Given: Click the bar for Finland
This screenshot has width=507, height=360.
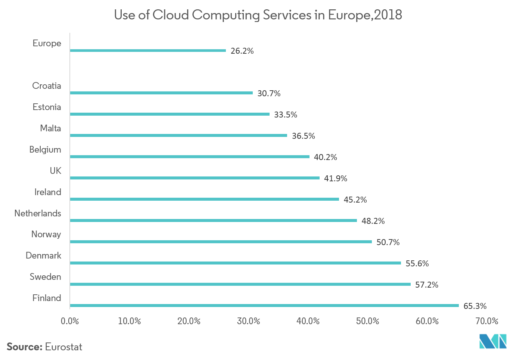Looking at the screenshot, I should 264,306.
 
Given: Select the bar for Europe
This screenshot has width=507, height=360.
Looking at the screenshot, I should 148,50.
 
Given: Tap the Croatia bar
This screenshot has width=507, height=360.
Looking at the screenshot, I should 161,93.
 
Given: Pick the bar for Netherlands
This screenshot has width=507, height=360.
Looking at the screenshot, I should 213,220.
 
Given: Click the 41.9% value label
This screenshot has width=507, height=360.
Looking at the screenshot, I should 335,178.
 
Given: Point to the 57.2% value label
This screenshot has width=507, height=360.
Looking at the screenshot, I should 426,285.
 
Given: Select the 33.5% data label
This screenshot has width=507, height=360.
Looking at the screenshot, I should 285,115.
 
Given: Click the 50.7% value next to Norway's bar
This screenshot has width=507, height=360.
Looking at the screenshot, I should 388,242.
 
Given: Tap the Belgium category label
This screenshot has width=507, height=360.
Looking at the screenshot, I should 45,150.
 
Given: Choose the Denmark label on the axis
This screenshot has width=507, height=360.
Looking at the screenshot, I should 43,256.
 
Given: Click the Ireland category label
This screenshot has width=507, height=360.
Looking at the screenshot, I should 47,192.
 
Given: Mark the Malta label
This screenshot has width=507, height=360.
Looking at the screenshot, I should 50,128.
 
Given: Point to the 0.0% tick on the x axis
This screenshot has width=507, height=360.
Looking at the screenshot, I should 70,321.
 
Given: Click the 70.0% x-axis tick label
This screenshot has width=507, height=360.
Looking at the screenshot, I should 487,321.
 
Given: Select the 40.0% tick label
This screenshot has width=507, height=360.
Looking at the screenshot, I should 308,321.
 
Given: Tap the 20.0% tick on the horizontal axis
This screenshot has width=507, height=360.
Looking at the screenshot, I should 189,321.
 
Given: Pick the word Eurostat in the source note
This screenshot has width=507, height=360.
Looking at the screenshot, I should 63,347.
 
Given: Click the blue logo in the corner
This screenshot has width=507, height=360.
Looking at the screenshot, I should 492,341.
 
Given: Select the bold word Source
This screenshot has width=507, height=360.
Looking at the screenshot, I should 24,347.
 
